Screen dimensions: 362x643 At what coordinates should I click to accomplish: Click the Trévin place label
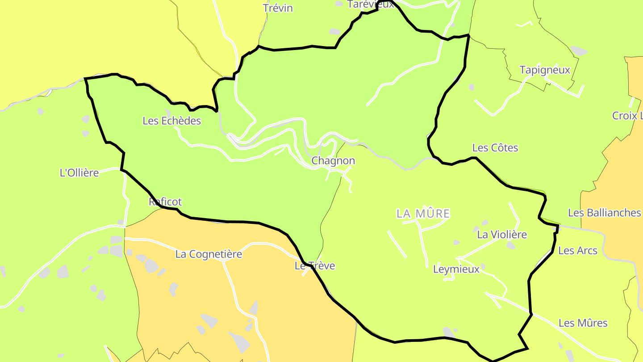coord(278,8)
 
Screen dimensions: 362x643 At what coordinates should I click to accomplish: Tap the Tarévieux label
coord(371,4)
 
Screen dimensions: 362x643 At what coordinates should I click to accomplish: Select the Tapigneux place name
coord(545,70)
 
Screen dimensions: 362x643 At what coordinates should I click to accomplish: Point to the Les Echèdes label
coord(172,121)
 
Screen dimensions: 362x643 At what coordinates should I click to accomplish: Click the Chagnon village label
coord(333,161)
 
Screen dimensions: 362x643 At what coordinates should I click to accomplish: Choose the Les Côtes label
coord(495,147)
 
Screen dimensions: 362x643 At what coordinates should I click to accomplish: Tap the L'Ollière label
coord(79,173)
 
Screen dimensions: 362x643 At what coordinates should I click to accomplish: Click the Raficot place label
coord(165,202)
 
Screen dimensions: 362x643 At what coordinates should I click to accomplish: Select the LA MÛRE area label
coord(423,214)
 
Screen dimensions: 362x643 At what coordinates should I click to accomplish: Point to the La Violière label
coord(502,235)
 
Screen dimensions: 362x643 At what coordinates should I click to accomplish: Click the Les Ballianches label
coord(604,213)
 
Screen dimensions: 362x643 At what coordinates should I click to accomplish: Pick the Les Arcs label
coord(578,251)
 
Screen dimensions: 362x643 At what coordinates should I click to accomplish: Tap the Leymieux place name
coord(456,269)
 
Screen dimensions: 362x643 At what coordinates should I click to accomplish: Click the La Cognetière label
coord(209,254)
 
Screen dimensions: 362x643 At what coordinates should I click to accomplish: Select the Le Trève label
coord(315,266)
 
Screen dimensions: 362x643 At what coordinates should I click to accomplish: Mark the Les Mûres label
coord(583,323)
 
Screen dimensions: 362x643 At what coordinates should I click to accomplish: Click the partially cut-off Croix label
coord(627,116)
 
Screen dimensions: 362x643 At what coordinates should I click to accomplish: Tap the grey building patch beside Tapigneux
coord(579,51)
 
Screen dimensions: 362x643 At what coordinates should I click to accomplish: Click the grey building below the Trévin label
coord(334,31)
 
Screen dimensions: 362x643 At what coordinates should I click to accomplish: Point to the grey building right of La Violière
coord(511,245)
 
